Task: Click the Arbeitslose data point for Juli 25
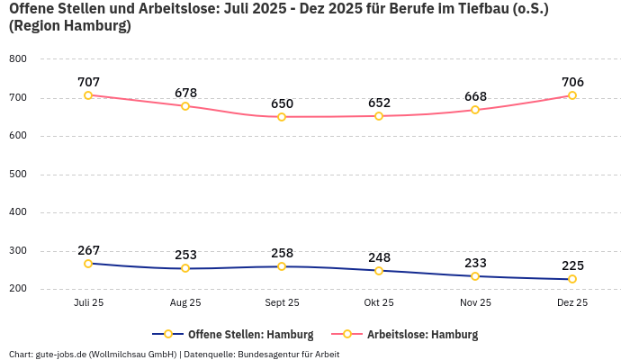(88, 95)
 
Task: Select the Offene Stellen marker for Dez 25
(572, 279)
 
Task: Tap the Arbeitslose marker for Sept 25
(282, 117)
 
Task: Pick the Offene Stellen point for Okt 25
(379, 271)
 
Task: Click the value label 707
(88, 82)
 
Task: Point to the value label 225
(572, 265)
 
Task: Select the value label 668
(475, 96)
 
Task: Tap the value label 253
(185, 255)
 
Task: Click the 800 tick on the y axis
(17, 59)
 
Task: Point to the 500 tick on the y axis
(17, 175)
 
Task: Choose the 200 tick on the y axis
(17, 289)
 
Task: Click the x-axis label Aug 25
(185, 303)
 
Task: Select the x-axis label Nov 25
(475, 303)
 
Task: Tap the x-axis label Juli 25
(88, 303)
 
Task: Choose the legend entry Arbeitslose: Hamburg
(422, 334)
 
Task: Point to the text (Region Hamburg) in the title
(69, 26)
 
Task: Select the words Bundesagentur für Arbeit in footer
(288, 355)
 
